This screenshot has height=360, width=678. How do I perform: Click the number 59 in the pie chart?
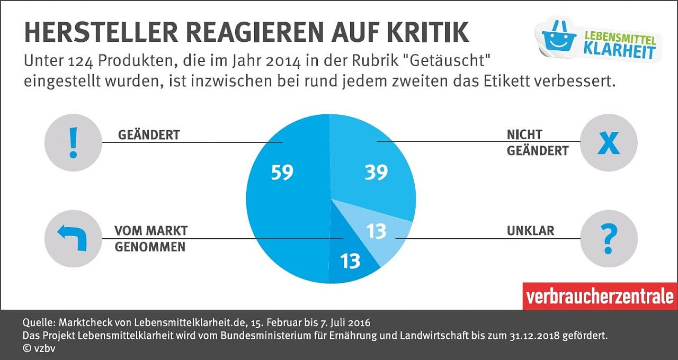(x=282, y=173)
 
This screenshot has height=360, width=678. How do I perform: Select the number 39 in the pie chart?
(x=376, y=173)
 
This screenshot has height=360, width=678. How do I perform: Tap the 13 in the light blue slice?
(x=377, y=231)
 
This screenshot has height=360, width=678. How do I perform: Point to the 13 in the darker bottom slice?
(x=351, y=260)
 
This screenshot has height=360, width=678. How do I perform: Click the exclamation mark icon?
(x=73, y=142)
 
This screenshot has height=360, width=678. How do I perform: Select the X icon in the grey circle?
(x=609, y=143)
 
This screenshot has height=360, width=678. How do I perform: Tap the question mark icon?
(x=609, y=238)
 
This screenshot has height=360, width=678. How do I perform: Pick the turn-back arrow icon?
(x=73, y=238)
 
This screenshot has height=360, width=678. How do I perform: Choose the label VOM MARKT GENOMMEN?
(x=150, y=239)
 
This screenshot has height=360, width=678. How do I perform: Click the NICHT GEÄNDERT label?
(x=537, y=142)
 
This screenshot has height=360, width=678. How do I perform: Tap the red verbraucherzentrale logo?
(x=599, y=296)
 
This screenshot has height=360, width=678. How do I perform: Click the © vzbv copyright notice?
(x=39, y=348)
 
